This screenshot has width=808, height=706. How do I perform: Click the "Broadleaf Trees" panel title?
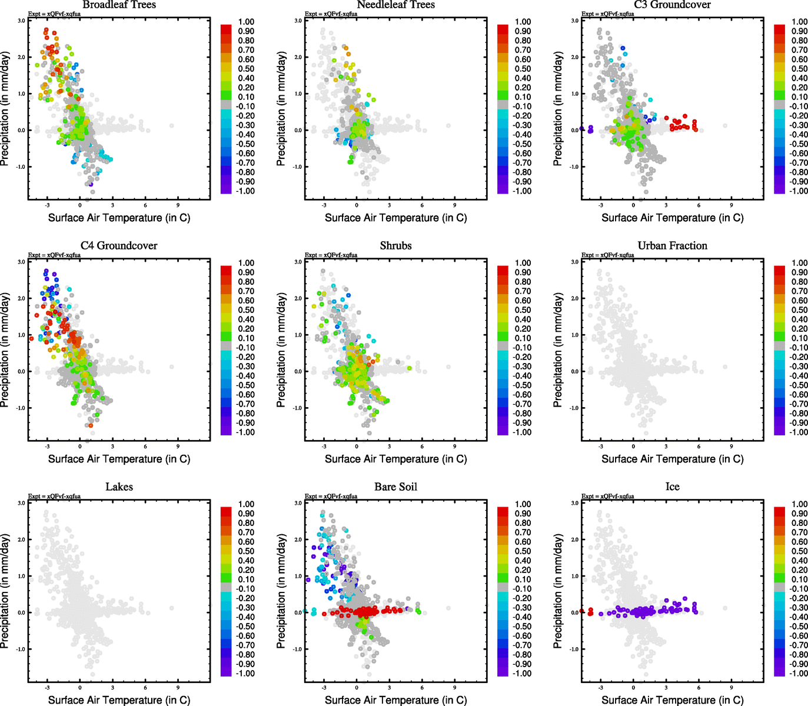coord(119,5)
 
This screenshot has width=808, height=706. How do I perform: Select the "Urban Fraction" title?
coord(672,246)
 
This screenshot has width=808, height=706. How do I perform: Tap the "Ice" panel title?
coord(672,487)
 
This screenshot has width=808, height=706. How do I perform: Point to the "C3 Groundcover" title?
coord(672,5)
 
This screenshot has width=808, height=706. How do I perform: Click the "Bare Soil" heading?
coord(395,487)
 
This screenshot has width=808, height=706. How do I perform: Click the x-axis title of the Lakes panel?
coord(119,700)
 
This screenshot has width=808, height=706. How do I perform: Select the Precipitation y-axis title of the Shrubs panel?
coord(281,350)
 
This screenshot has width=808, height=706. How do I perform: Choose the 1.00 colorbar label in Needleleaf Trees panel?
coord(523,22)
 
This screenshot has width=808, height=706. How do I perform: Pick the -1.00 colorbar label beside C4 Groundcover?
coord(245,432)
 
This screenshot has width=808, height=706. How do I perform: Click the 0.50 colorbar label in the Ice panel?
coord(799,551)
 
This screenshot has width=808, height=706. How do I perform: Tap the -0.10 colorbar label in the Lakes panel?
coord(245,589)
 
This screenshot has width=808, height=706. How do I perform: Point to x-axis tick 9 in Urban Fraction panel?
coord(731,447)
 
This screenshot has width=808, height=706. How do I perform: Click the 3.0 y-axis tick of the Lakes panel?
coord(21,503)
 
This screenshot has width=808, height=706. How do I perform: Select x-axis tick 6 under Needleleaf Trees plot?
coord(422,205)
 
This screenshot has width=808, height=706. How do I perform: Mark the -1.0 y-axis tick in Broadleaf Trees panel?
coord(21,167)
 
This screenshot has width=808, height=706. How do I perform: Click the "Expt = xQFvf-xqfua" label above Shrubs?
coord(331,255)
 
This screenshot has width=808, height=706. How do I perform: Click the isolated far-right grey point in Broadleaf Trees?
coord(172,125)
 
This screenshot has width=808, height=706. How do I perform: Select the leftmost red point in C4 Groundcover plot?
coord(31,338)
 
